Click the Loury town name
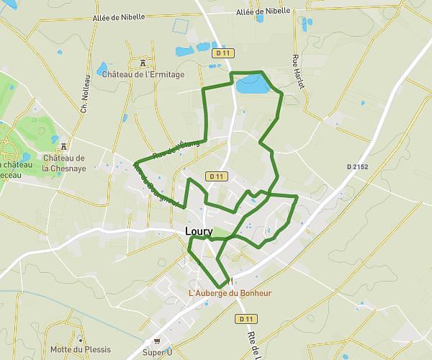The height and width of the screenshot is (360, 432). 199,231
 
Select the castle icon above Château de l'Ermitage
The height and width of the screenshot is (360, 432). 143,62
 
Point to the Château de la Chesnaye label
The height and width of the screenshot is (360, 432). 63,163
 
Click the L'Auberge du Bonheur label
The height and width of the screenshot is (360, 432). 230,293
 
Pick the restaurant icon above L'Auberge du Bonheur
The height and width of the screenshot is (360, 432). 230,281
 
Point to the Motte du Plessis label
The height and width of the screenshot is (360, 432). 80,350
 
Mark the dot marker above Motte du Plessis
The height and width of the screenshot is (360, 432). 80,340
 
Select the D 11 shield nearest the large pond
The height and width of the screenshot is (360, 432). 222,53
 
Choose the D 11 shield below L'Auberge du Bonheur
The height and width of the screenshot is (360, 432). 246,318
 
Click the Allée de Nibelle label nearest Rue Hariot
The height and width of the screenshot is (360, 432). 263,11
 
